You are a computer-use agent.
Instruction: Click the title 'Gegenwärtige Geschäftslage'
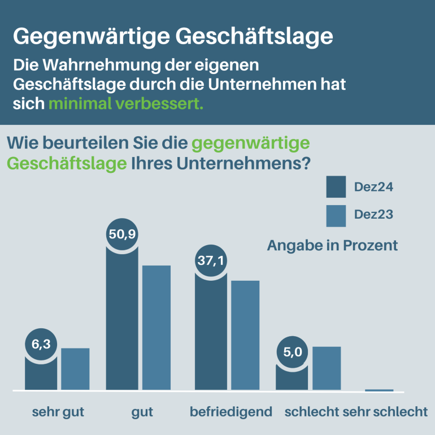click(x=173, y=36)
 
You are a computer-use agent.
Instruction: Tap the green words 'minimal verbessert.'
click(x=125, y=105)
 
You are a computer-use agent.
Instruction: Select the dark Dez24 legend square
click(x=336, y=187)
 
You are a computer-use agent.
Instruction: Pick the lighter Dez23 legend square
click(x=336, y=215)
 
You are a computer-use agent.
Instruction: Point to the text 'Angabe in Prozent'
click(x=332, y=246)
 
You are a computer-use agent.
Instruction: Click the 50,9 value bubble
click(x=122, y=233)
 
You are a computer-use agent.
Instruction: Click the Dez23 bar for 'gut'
click(x=156, y=328)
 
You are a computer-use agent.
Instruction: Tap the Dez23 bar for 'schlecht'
click(x=327, y=368)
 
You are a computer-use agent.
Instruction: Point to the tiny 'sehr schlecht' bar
click(x=379, y=390)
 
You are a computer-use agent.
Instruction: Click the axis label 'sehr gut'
click(x=58, y=412)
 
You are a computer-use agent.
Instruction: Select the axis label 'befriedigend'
click(x=231, y=412)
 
